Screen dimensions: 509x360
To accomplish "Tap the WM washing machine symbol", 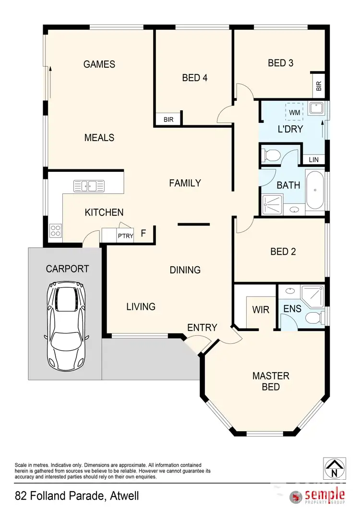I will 295,112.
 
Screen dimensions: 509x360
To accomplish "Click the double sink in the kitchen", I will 89,185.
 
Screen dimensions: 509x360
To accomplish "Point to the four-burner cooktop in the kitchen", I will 55,231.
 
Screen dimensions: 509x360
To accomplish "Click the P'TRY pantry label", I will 126,236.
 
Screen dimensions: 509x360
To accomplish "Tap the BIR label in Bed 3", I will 319,86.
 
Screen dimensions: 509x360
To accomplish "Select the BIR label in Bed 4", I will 168,119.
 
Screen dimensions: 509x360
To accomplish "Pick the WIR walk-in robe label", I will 261,310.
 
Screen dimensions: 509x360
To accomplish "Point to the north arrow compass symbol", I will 335,468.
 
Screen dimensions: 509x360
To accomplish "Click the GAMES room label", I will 99,64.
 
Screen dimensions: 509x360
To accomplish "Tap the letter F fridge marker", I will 143,234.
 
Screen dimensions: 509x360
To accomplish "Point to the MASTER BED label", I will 271,381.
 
